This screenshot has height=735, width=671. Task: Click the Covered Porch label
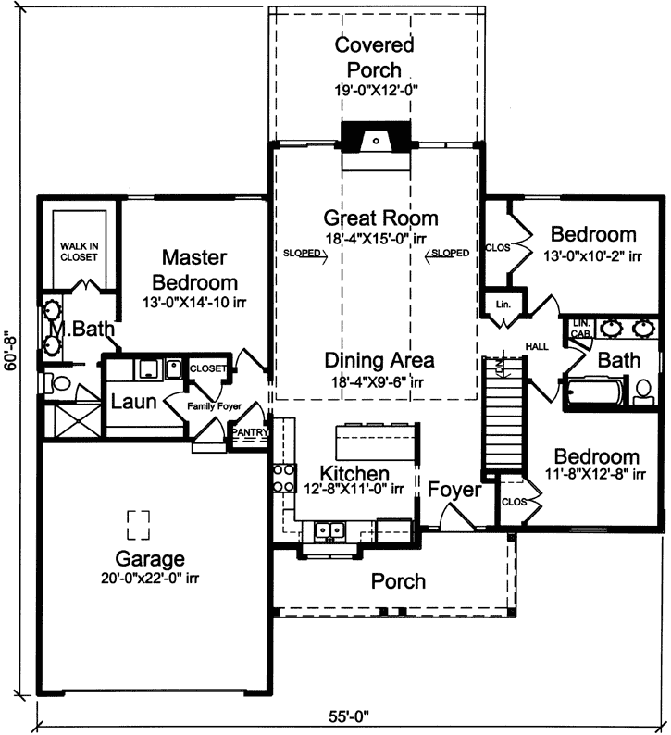(374, 56)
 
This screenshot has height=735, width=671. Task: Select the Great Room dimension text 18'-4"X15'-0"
(380, 239)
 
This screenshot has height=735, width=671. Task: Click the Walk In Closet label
(80, 251)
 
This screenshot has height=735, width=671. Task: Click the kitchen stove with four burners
(281, 480)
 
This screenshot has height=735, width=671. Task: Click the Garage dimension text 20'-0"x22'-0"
(150, 578)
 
